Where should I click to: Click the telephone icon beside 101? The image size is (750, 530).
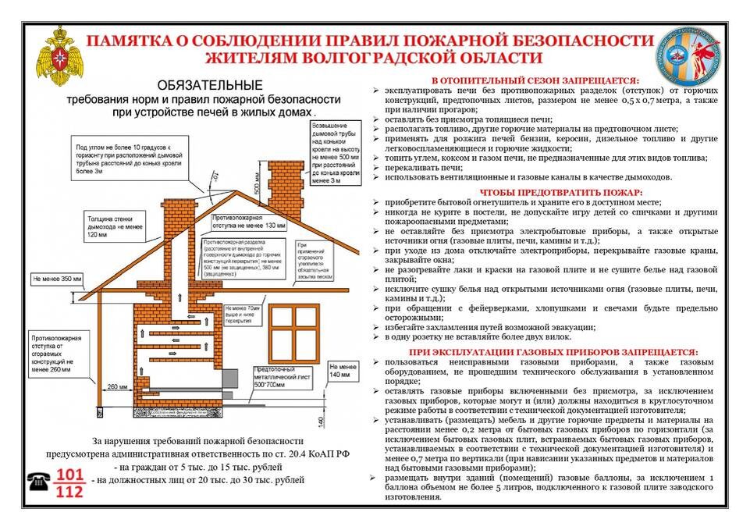point(39,482)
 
